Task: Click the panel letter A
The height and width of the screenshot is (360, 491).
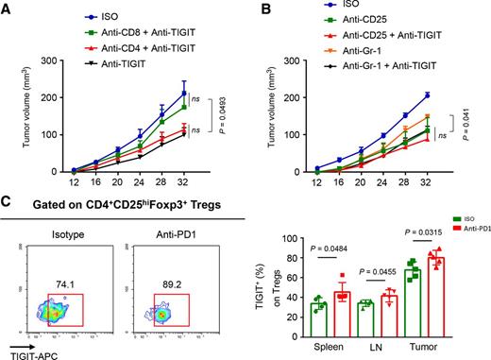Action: pyautogui.click(x=8, y=9)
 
